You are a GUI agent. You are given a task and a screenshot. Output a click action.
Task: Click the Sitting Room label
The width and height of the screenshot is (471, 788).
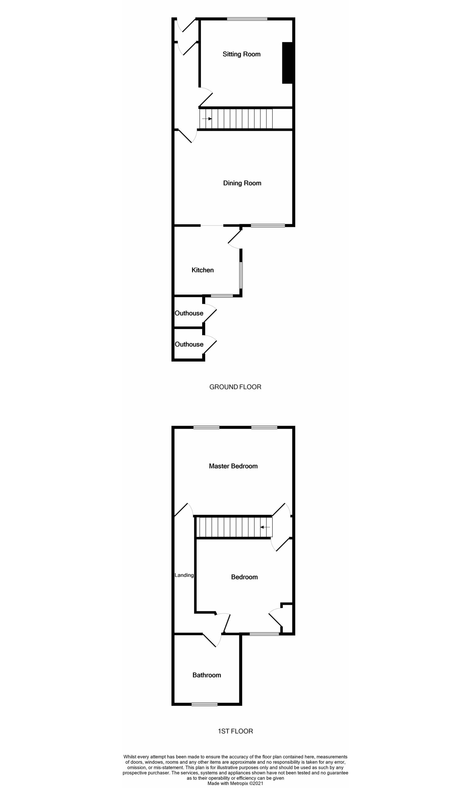coord(241,54)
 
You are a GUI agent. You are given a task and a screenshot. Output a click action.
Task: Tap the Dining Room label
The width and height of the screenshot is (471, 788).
coord(242,183)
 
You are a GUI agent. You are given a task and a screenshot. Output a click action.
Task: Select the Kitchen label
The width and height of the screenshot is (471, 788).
coord(202,270)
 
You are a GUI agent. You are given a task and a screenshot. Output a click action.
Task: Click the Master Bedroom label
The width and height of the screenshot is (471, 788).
coord(233,466)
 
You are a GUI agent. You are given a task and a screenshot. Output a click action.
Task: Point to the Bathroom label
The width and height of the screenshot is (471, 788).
coord(206,675)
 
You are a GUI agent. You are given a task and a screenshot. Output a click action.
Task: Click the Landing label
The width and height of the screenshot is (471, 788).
coord(184,575)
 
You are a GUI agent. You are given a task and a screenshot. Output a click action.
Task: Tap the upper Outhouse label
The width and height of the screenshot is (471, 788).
coord(189,313)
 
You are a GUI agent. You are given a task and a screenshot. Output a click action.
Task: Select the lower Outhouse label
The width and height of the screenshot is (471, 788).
coord(189,344)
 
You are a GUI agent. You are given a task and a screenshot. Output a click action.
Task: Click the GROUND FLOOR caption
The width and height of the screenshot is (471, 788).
coord(235,387)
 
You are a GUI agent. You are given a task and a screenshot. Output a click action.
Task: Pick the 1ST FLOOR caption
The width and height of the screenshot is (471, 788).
coord(235,731)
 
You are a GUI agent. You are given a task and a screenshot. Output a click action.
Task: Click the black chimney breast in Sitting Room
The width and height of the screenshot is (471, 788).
coord(287,63)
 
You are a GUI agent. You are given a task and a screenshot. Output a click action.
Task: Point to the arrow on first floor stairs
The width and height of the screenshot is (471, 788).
coord(265,527)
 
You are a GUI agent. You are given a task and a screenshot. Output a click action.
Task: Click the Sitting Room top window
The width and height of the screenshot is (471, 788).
coord(247,19)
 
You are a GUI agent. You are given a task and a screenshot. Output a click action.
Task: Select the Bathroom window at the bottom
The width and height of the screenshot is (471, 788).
coord(205,704)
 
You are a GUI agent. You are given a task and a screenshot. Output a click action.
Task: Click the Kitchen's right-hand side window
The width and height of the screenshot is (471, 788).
coord(241,275)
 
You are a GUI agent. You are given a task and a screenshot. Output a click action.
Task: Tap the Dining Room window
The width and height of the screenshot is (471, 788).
coord(268,226)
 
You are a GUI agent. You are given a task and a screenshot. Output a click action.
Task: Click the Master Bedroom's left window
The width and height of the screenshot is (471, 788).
coord(206,428)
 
